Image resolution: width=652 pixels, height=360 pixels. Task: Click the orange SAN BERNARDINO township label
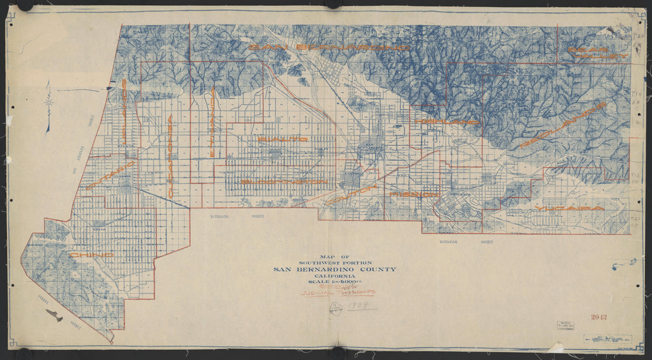[329, 47]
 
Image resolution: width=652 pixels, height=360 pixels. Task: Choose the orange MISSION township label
[414, 195]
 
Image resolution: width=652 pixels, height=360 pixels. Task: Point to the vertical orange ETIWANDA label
[212, 122]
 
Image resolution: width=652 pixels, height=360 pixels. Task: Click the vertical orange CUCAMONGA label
[171, 157]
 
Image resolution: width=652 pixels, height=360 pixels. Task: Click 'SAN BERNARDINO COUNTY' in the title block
[334, 269]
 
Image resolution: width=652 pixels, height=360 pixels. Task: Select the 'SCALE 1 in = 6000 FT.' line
[335, 281]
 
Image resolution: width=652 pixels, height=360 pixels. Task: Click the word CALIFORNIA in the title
[335, 275]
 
